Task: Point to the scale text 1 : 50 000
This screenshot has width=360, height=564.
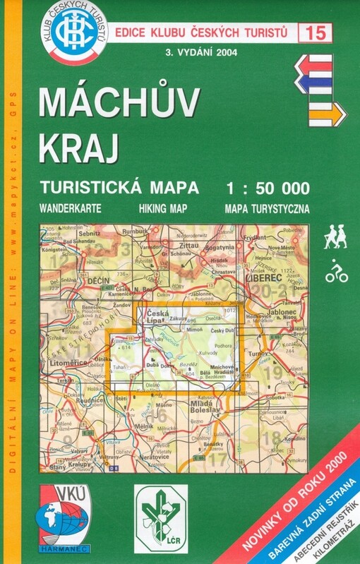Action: [266, 187]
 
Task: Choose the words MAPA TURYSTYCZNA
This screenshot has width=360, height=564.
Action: [266, 209]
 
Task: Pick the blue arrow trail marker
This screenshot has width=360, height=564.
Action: [320, 84]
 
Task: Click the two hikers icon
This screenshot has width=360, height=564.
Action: [335, 236]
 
